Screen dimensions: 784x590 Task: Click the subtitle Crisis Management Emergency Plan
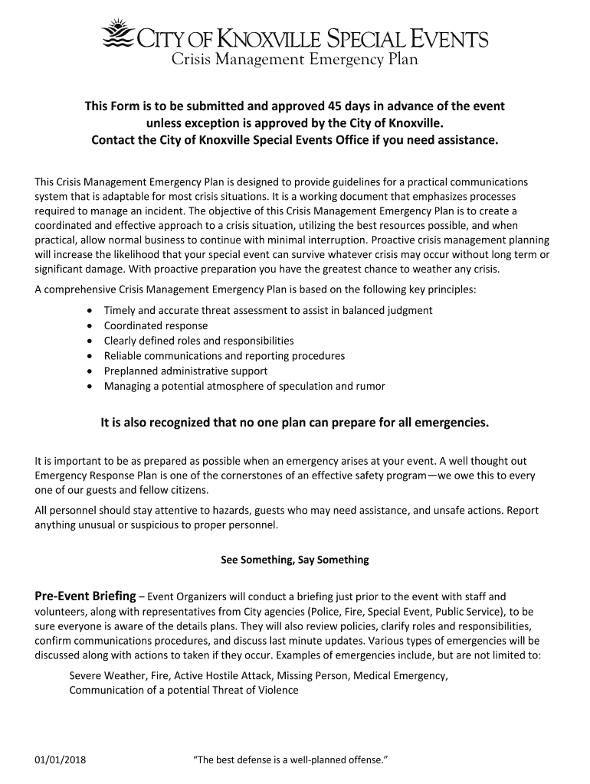(294, 60)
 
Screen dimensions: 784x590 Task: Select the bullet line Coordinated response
(156, 325)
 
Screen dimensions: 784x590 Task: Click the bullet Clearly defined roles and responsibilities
(198, 341)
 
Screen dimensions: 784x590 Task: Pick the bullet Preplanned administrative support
(185, 371)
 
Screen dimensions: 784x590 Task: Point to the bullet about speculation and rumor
(244, 386)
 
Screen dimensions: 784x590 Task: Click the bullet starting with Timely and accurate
(268, 310)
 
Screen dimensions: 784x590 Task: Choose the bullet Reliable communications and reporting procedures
(224, 356)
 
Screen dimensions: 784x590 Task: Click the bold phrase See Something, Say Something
(294, 560)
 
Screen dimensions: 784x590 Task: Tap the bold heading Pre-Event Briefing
(85, 596)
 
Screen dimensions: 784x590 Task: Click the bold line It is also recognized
(294, 423)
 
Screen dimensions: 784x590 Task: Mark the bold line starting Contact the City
(294, 141)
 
